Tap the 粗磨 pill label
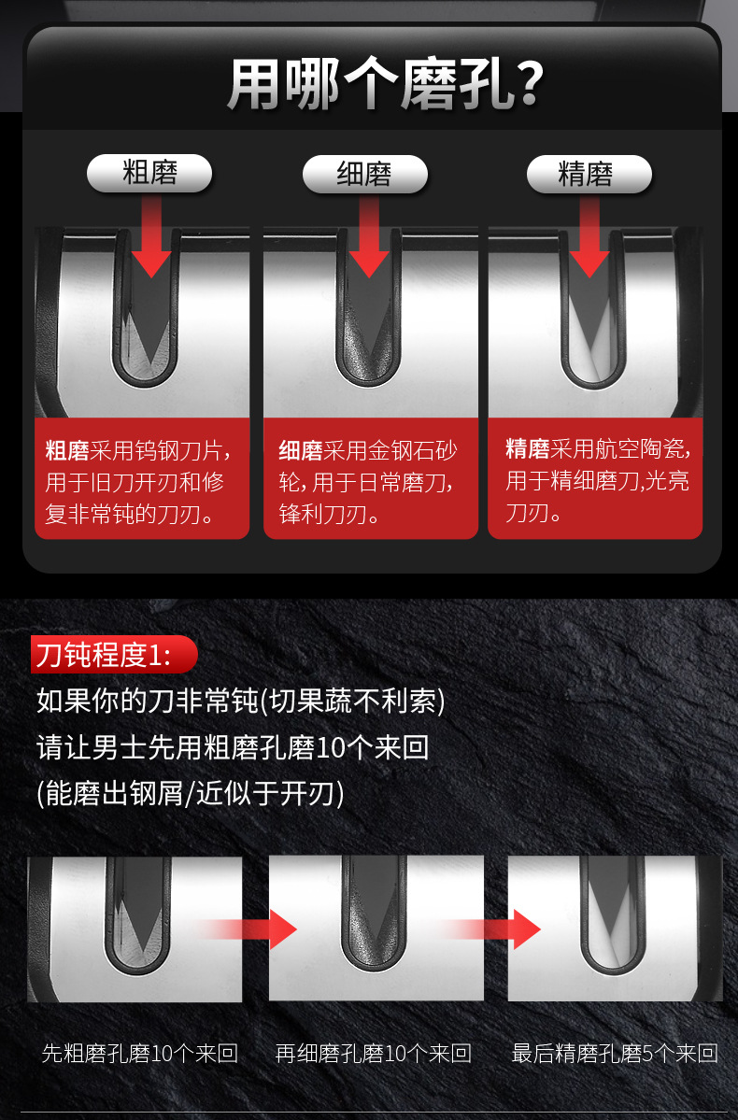pos(149,174)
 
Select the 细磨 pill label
pos(364,174)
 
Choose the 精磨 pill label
pos(589,174)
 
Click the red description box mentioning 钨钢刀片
pos(142,481)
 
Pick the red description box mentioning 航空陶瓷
pos(595,481)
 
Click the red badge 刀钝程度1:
pos(113,655)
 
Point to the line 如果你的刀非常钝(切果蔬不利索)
pos(240,701)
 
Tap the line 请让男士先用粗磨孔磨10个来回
pos(233,747)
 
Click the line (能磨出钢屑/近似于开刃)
pos(191,794)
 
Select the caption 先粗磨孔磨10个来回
pos(140,1054)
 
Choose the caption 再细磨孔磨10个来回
pos(374,1054)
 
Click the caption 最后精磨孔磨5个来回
pos(615,1054)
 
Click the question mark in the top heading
pos(530,86)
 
